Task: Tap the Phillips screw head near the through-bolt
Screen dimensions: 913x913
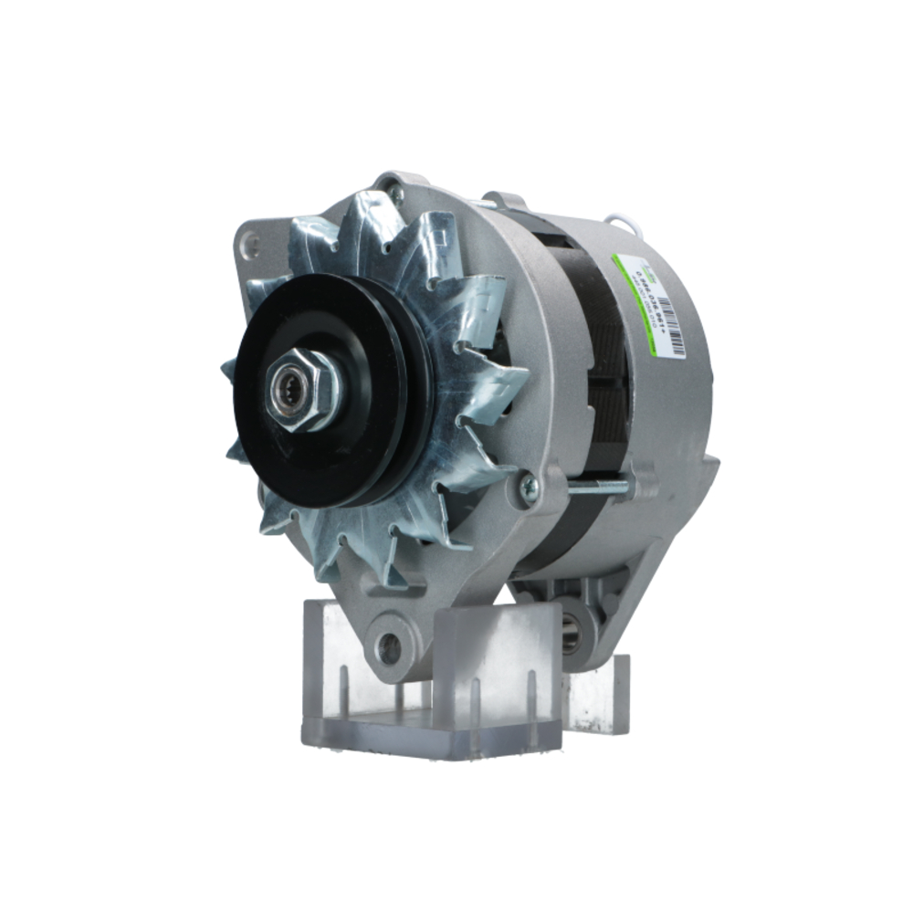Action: point(528,488)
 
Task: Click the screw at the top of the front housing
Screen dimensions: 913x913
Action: point(394,194)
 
